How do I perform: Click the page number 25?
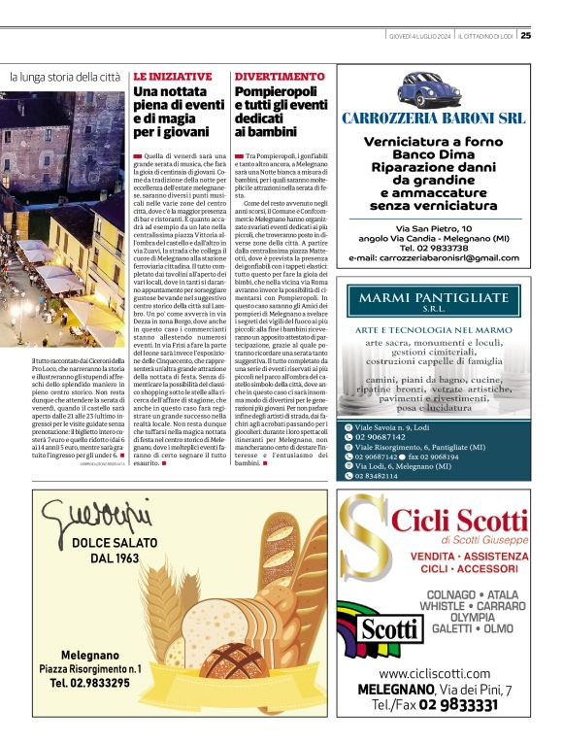[525, 36]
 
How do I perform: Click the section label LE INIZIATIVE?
[172, 76]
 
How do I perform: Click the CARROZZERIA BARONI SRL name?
[433, 118]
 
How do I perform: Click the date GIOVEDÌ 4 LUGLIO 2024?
[414, 37]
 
